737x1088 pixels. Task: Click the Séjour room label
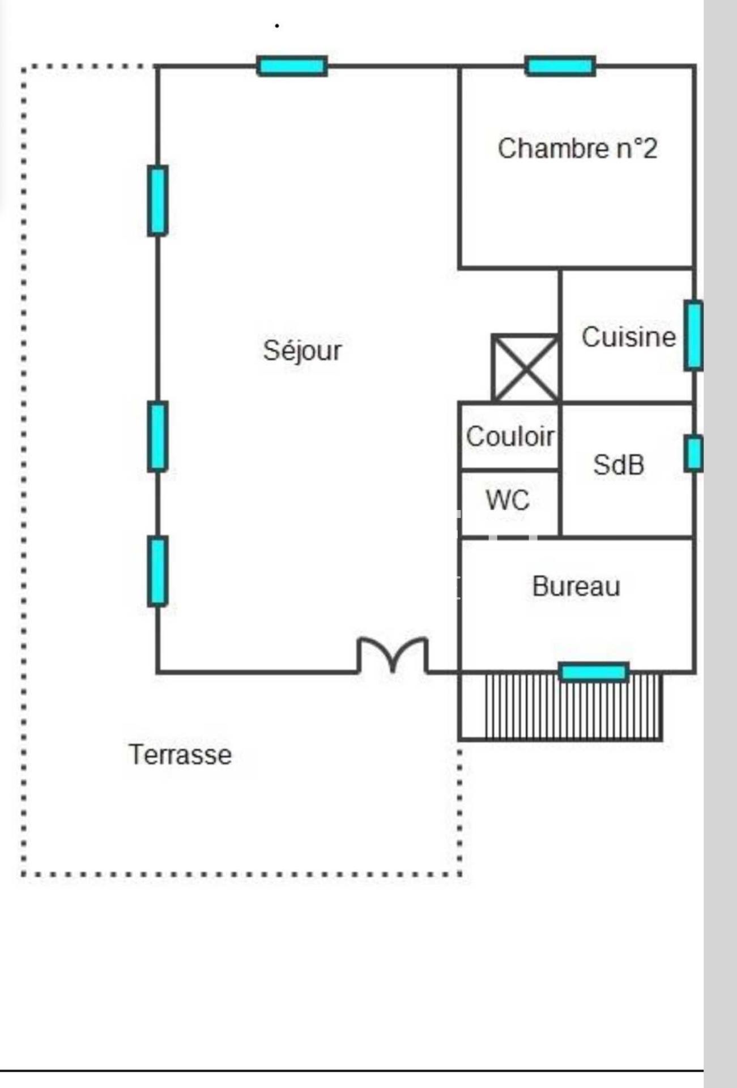point(302,351)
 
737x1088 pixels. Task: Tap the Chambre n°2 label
point(577,148)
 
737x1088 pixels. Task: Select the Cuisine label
point(628,337)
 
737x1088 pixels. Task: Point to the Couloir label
point(510,436)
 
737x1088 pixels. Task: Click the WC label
point(508,500)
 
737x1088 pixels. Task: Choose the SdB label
point(619,465)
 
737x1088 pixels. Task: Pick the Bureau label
point(576,586)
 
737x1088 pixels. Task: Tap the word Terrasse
point(180,755)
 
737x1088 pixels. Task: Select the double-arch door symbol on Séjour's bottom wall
point(392,655)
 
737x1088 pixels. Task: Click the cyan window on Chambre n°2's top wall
point(560,66)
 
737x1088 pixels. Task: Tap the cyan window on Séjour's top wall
point(292,66)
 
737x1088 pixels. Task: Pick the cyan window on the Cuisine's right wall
point(693,335)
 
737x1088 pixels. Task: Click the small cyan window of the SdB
point(693,453)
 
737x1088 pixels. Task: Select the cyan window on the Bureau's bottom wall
point(593,672)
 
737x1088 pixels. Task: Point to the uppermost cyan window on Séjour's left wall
point(157,200)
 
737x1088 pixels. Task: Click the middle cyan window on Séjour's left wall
point(157,436)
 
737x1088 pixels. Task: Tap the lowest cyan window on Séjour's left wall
point(157,571)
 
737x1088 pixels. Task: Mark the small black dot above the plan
point(277,25)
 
